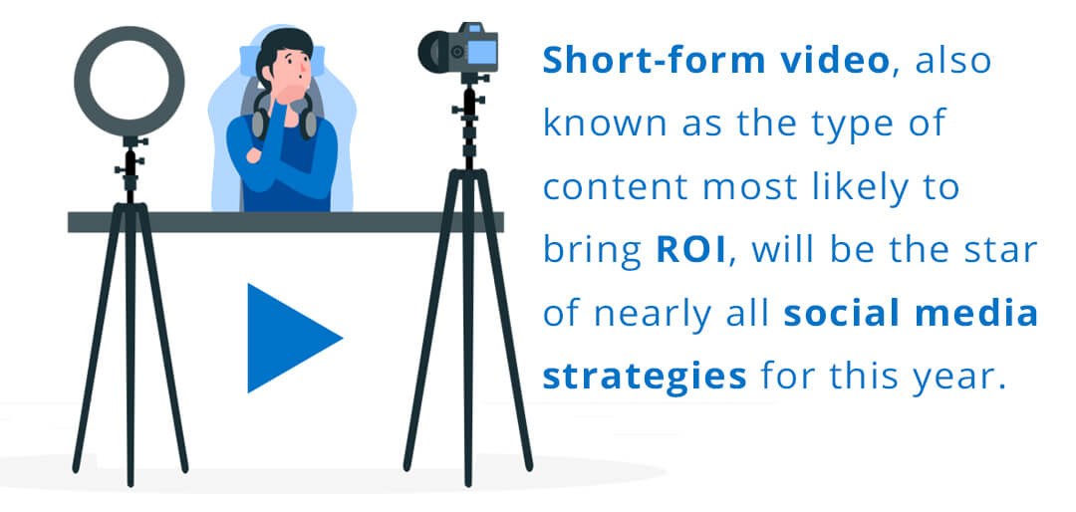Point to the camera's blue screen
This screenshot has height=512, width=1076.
(x=484, y=51)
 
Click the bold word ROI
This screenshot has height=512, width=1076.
(x=691, y=252)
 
